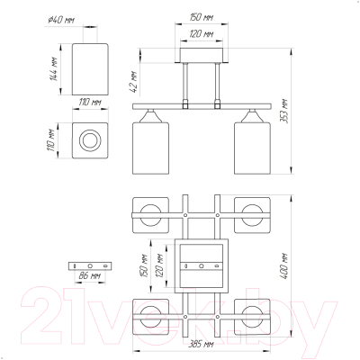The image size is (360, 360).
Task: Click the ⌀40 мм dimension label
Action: click(x=61, y=21)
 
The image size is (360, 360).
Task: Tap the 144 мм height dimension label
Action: click(x=53, y=68)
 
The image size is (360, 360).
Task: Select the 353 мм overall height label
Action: click(x=283, y=111)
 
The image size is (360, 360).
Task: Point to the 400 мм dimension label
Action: click(x=283, y=266)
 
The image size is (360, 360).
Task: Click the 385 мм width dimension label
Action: click(x=201, y=344)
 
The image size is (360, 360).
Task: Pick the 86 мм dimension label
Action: click(x=89, y=275)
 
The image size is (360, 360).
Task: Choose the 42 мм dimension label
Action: click(x=133, y=82)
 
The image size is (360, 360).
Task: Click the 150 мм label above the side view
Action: click(x=201, y=17)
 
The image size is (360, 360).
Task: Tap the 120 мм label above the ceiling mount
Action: click(x=201, y=34)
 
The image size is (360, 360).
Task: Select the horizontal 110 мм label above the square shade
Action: click(x=90, y=103)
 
